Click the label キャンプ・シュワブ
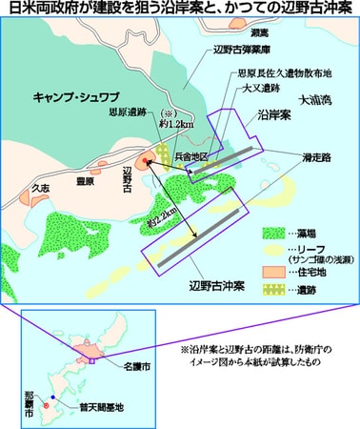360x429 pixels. click(77, 97)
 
